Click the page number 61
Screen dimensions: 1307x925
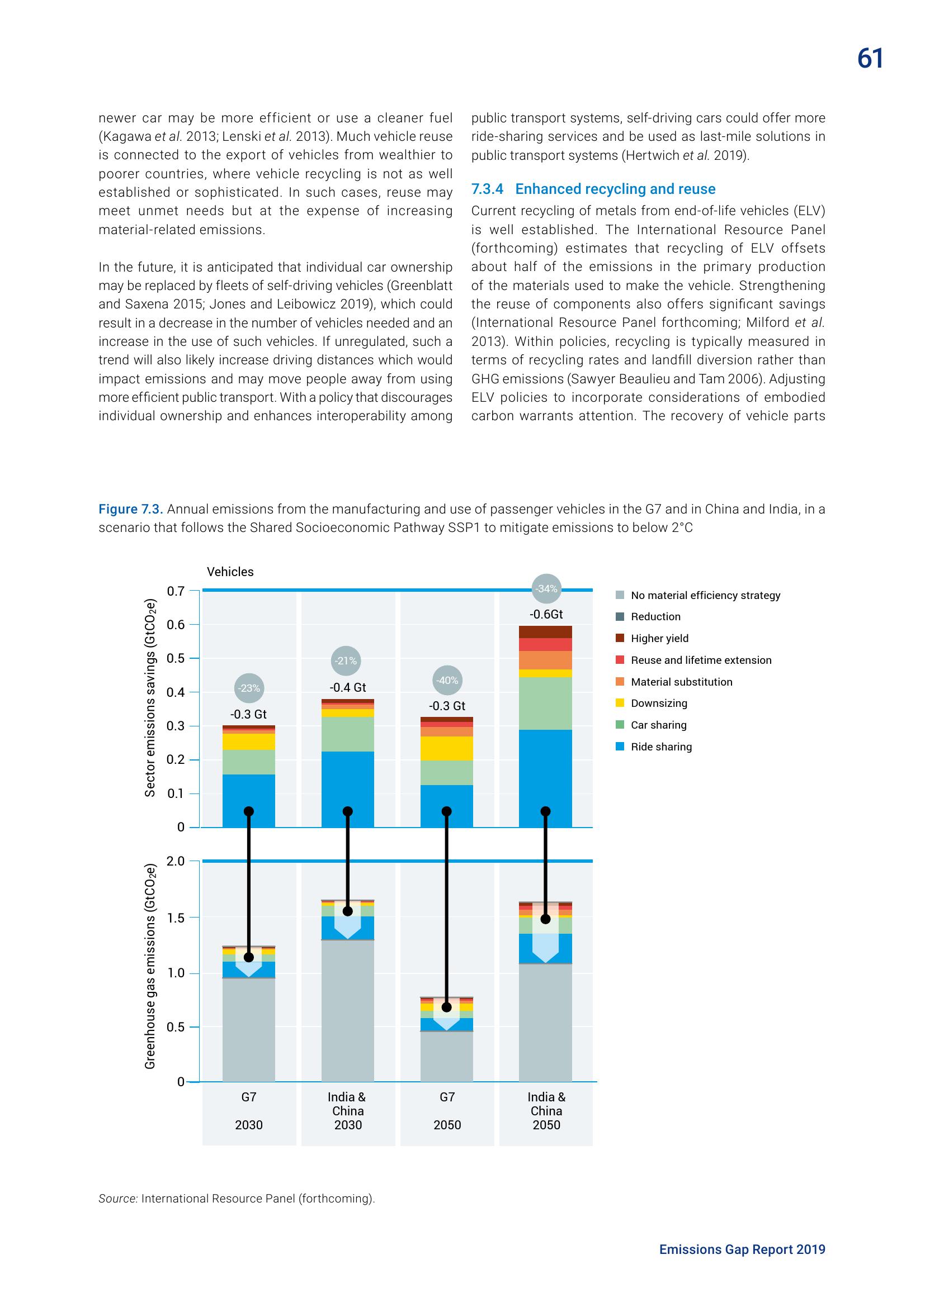(870, 59)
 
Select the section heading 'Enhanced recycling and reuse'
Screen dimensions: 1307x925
(615, 189)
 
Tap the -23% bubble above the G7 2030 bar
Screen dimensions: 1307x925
(248, 688)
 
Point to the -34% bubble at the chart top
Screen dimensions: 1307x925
(546, 588)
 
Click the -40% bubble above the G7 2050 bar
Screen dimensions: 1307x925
(447, 680)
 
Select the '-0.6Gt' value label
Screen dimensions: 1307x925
(546, 614)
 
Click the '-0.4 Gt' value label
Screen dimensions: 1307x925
(347, 687)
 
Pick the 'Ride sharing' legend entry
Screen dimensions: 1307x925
(660, 747)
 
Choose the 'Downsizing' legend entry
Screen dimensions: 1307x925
(658, 703)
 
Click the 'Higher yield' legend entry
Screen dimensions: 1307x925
(659, 638)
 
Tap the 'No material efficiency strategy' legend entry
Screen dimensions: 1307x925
(705, 595)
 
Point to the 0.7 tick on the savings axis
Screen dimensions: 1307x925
(176, 591)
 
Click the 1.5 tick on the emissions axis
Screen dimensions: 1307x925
(176, 918)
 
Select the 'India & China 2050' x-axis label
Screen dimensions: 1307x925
(546, 1111)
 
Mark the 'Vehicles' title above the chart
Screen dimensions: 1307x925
(230, 572)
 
